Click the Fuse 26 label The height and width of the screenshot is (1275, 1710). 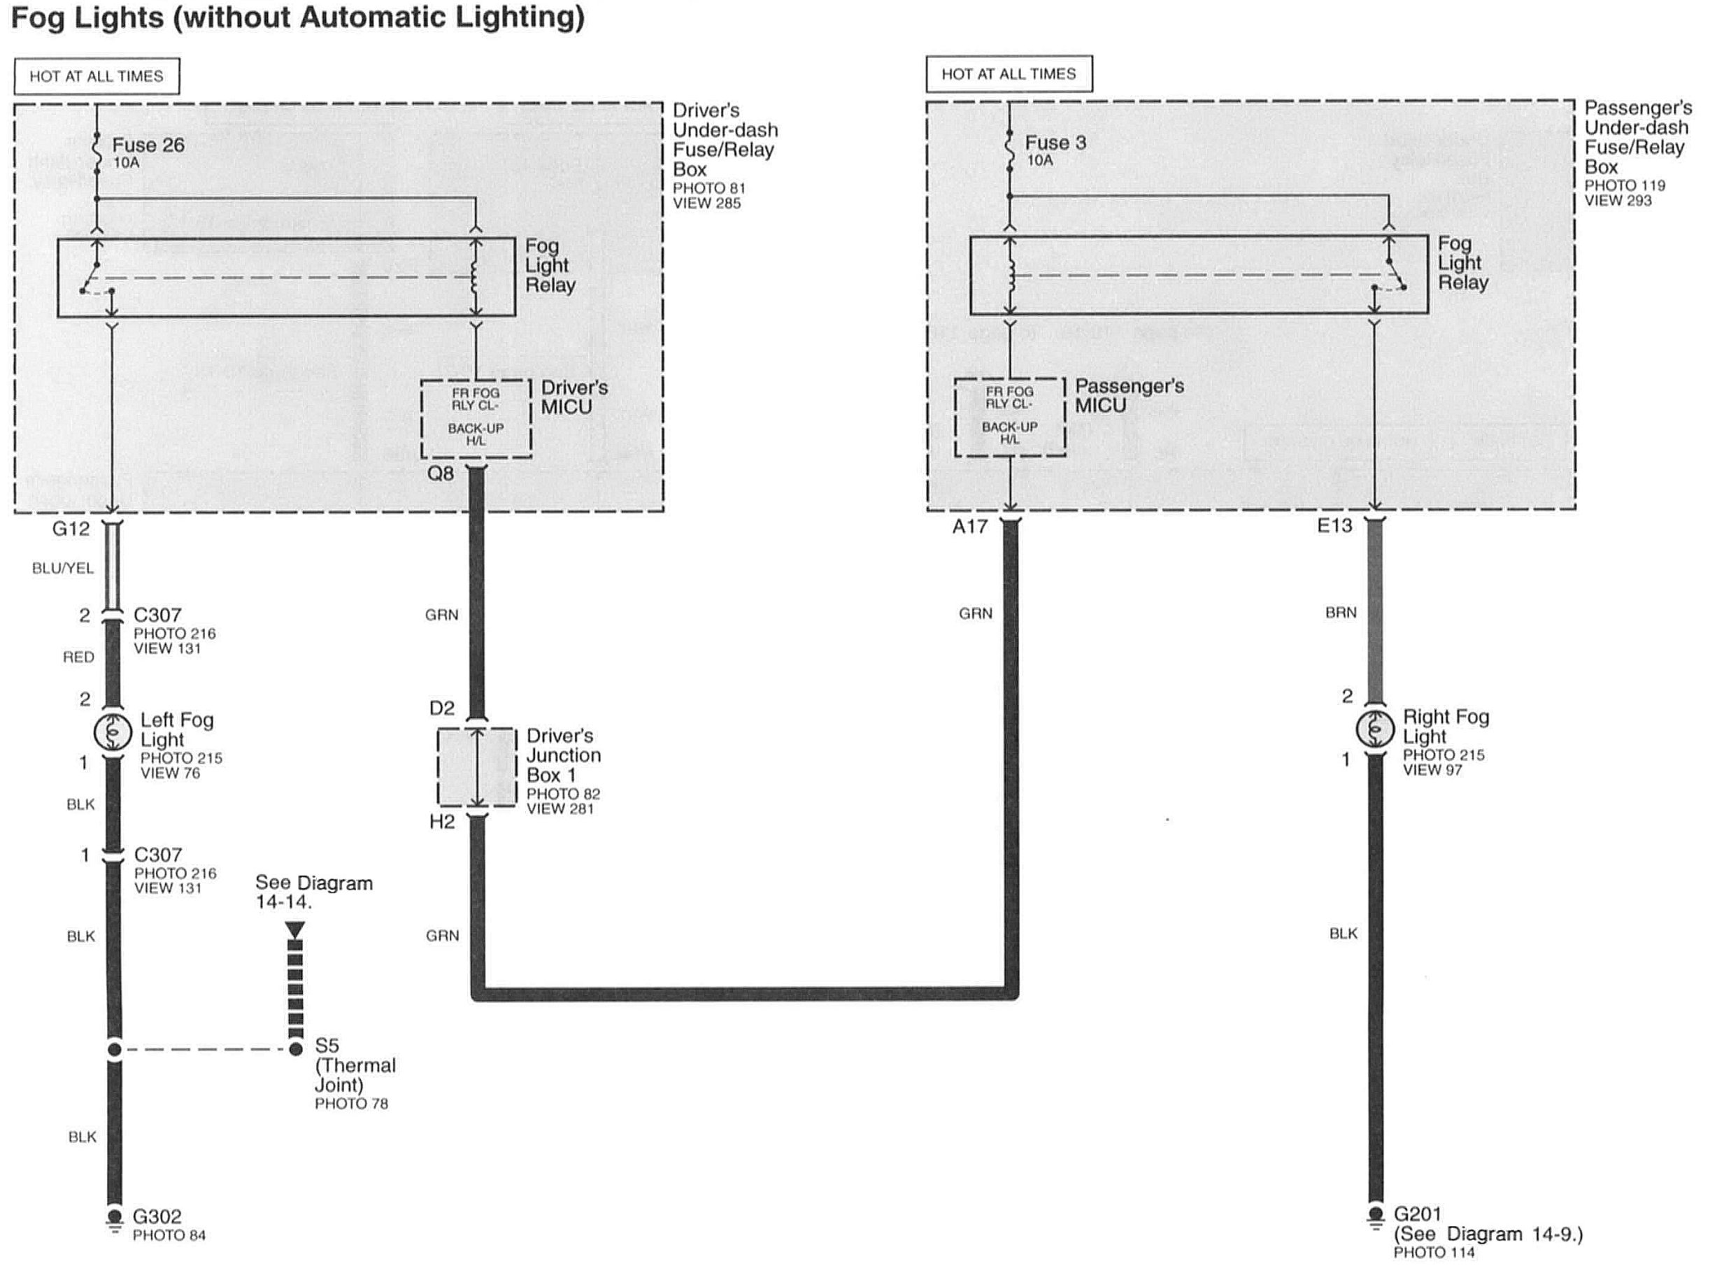[148, 145]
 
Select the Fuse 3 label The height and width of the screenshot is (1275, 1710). [1055, 143]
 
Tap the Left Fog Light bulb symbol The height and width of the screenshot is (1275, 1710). [113, 732]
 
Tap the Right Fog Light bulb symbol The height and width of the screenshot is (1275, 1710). [1374, 729]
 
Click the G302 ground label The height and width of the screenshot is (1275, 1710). [157, 1216]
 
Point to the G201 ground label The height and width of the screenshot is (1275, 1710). [1418, 1214]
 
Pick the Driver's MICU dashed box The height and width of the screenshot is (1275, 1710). [476, 418]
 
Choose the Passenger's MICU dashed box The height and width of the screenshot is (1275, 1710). [1009, 416]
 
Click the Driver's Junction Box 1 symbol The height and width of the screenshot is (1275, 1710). [476, 767]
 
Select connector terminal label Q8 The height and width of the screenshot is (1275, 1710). [441, 473]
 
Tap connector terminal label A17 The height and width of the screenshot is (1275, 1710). [969, 527]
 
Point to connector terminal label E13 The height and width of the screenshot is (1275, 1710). [1334, 525]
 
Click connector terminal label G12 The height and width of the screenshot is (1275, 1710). [71, 529]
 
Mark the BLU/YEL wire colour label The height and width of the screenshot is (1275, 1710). [62, 568]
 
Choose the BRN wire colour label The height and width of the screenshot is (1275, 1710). [1341, 612]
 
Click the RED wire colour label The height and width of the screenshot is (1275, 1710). [78, 657]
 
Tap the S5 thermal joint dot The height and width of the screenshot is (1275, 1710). [296, 1049]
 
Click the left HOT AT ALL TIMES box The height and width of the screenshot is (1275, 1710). [97, 76]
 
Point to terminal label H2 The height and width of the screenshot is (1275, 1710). [442, 822]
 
